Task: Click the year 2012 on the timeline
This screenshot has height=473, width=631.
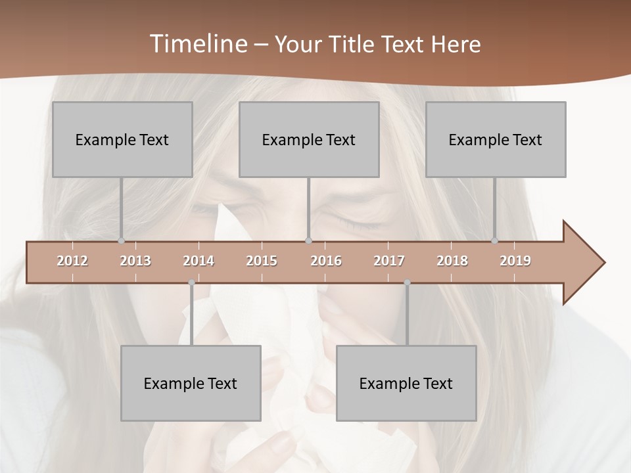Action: tap(72, 261)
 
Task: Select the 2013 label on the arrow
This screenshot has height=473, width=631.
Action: tap(135, 261)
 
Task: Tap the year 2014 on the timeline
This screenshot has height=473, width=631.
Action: tap(199, 261)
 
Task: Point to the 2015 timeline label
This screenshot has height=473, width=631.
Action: tap(262, 261)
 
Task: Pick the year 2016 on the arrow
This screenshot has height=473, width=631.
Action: tap(326, 261)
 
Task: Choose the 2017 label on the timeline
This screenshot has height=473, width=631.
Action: tap(389, 261)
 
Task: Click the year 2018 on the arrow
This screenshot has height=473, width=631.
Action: tap(452, 261)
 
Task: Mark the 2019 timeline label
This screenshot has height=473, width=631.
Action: tap(515, 261)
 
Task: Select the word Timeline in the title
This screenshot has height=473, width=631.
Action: tap(197, 44)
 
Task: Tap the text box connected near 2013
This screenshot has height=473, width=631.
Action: tap(122, 139)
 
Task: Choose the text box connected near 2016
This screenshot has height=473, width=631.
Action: tap(309, 139)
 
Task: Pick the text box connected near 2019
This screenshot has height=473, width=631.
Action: tap(496, 139)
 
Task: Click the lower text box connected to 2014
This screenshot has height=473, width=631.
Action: tap(191, 383)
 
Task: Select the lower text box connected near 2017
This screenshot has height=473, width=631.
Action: tap(406, 383)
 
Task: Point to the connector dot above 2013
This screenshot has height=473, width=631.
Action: tap(122, 241)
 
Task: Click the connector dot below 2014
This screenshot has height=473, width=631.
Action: tap(191, 282)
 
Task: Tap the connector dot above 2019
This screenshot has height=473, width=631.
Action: tap(495, 241)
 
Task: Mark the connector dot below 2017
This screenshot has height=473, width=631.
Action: tap(407, 282)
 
